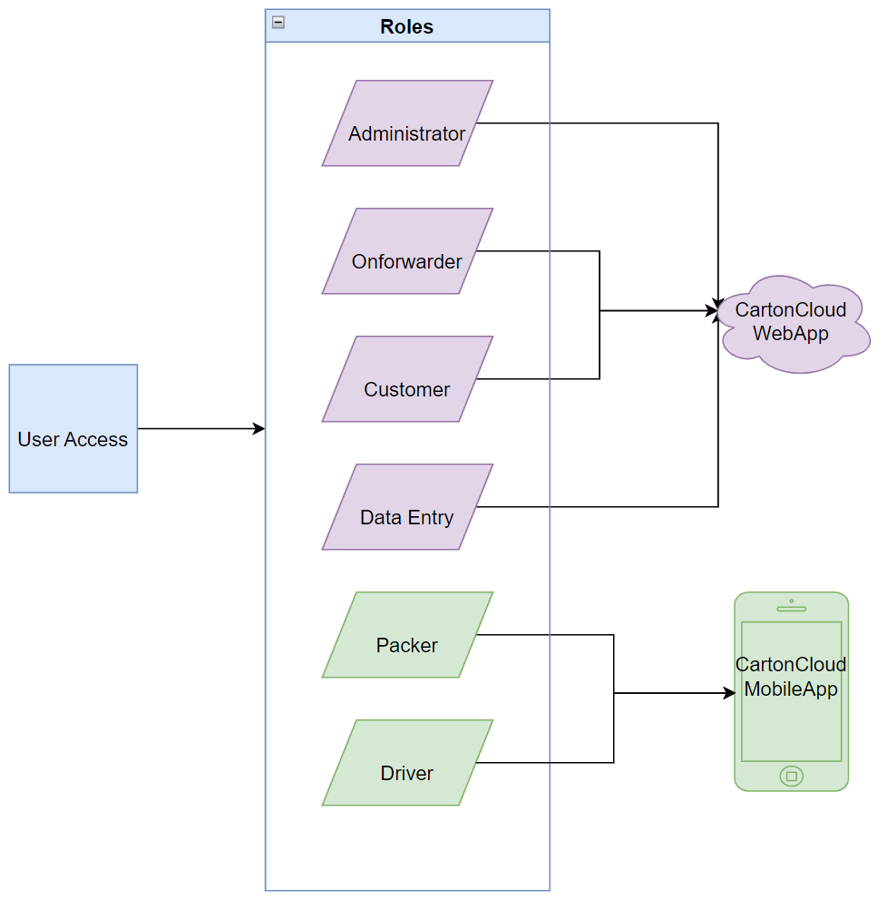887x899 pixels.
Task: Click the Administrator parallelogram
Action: [407, 123]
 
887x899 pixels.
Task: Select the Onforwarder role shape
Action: [407, 251]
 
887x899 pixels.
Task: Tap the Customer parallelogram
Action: [407, 379]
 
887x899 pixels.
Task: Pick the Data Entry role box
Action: [407, 507]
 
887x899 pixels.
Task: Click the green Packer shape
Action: [407, 635]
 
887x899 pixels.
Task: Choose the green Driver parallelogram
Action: [407, 763]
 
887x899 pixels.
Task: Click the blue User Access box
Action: [73, 428]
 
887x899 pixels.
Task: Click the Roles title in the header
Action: [406, 26]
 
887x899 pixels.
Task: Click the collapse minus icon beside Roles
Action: [278, 23]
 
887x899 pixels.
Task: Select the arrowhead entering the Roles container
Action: [259, 428]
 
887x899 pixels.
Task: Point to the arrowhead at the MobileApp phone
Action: [729, 693]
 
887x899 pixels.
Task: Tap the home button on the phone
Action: [791, 777]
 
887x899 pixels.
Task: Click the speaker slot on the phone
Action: [791, 609]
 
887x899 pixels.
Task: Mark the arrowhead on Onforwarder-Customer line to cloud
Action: [713, 310]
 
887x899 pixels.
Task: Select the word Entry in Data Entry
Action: [431, 518]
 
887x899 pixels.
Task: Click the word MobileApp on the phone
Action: [791, 689]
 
